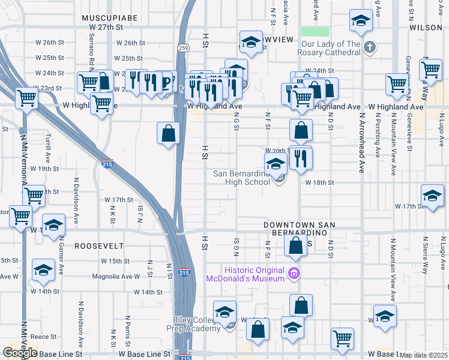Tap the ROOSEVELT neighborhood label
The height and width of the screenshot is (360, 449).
(99, 246)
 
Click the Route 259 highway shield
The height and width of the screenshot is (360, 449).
(182, 47)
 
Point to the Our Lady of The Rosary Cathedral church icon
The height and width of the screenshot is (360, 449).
(370, 47)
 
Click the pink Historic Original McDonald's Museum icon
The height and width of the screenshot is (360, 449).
(294, 274)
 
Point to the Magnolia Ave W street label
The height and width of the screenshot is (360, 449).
(116, 277)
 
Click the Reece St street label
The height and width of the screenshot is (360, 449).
(44, 337)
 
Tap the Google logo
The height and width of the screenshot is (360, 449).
(19, 353)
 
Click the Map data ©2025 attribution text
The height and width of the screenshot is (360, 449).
(423, 355)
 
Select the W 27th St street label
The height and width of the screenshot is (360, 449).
(106, 28)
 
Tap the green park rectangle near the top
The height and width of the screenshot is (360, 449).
(315, 32)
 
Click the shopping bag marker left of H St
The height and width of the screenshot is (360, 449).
(169, 133)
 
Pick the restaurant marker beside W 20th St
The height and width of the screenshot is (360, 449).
(301, 158)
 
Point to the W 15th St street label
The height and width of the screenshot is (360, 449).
(116, 261)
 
